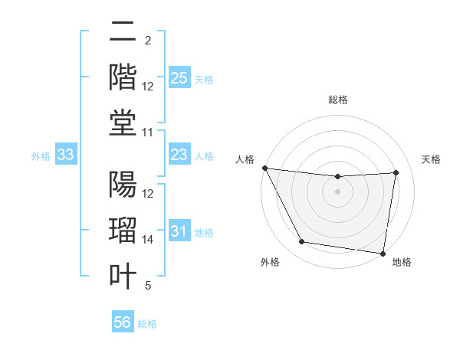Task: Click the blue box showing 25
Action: (179, 78)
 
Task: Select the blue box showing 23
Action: (179, 155)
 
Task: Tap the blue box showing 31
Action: (179, 231)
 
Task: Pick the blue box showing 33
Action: (66, 155)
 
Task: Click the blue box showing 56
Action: (122, 322)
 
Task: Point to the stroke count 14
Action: (148, 240)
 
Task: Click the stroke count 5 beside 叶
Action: (148, 286)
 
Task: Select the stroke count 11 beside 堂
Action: (148, 133)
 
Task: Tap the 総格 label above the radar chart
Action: (338, 100)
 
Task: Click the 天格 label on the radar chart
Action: (431, 159)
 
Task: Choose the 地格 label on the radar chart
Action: (402, 262)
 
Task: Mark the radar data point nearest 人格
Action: (265, 168)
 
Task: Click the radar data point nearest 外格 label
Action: (301, 242)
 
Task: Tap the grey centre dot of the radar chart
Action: (338, 191)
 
